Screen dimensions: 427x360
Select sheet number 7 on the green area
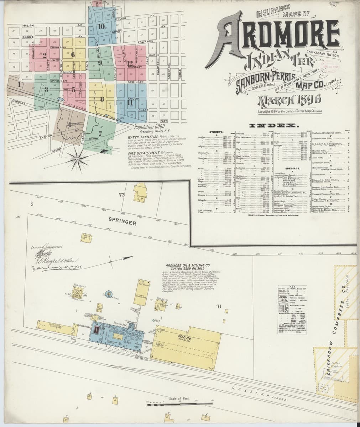[100, 134]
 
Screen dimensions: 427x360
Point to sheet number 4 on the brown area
[69, 124]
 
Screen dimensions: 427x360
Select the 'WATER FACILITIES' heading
[141, 137]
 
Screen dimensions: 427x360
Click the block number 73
[122, 195]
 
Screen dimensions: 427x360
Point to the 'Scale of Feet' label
[177, 399]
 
